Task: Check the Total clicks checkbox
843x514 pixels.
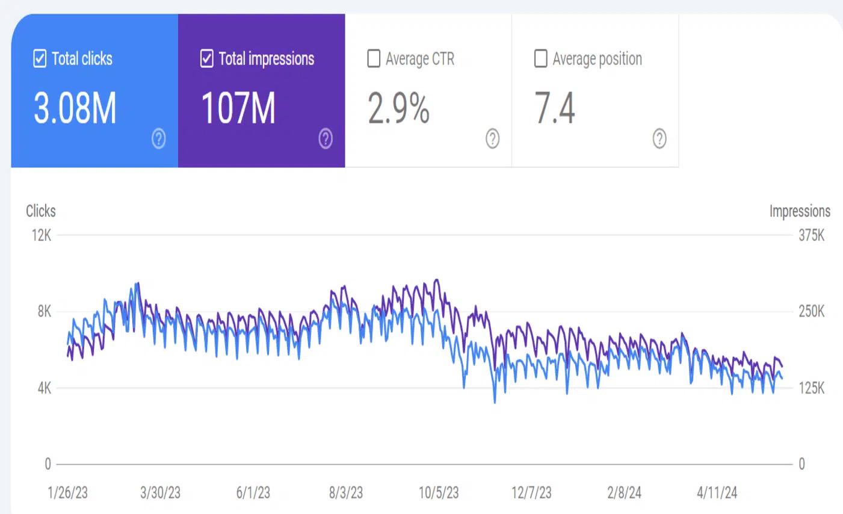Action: click(x=40, y=59)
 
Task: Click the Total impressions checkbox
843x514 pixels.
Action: click(x=206, y=59)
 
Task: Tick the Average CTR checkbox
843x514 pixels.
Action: click(x=374, y=59)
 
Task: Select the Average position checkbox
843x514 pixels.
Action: click(x=541, y=59)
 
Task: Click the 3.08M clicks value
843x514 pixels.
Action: click(x=75, y=108)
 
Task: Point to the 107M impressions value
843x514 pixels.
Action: click(x=238, y=108)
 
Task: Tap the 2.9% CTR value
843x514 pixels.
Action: click(x=399, y=108)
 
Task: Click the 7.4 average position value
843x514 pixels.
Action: click(x=555, y=108)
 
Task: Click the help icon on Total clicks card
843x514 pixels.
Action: click(x=159, y=139)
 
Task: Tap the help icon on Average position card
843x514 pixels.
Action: click(x=659, y=139)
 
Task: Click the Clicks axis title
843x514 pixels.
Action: click(x=41, y=211)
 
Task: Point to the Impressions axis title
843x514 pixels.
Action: click(x=800, y=211)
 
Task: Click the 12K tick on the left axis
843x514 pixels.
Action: click(x=42, y=235)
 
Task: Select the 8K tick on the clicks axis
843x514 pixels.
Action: click(x=45, y=312)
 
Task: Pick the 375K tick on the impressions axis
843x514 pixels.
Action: click(x=812, y=235)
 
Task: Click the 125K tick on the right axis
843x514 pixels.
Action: click(x=812, y=388)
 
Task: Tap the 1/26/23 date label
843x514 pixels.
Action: click(x=67, y=493)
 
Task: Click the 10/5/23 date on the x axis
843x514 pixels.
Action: click(x=439, y=493)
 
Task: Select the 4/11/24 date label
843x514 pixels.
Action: click(x=717, y=493)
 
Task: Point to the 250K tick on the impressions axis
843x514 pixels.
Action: click(x=812, y=312)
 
